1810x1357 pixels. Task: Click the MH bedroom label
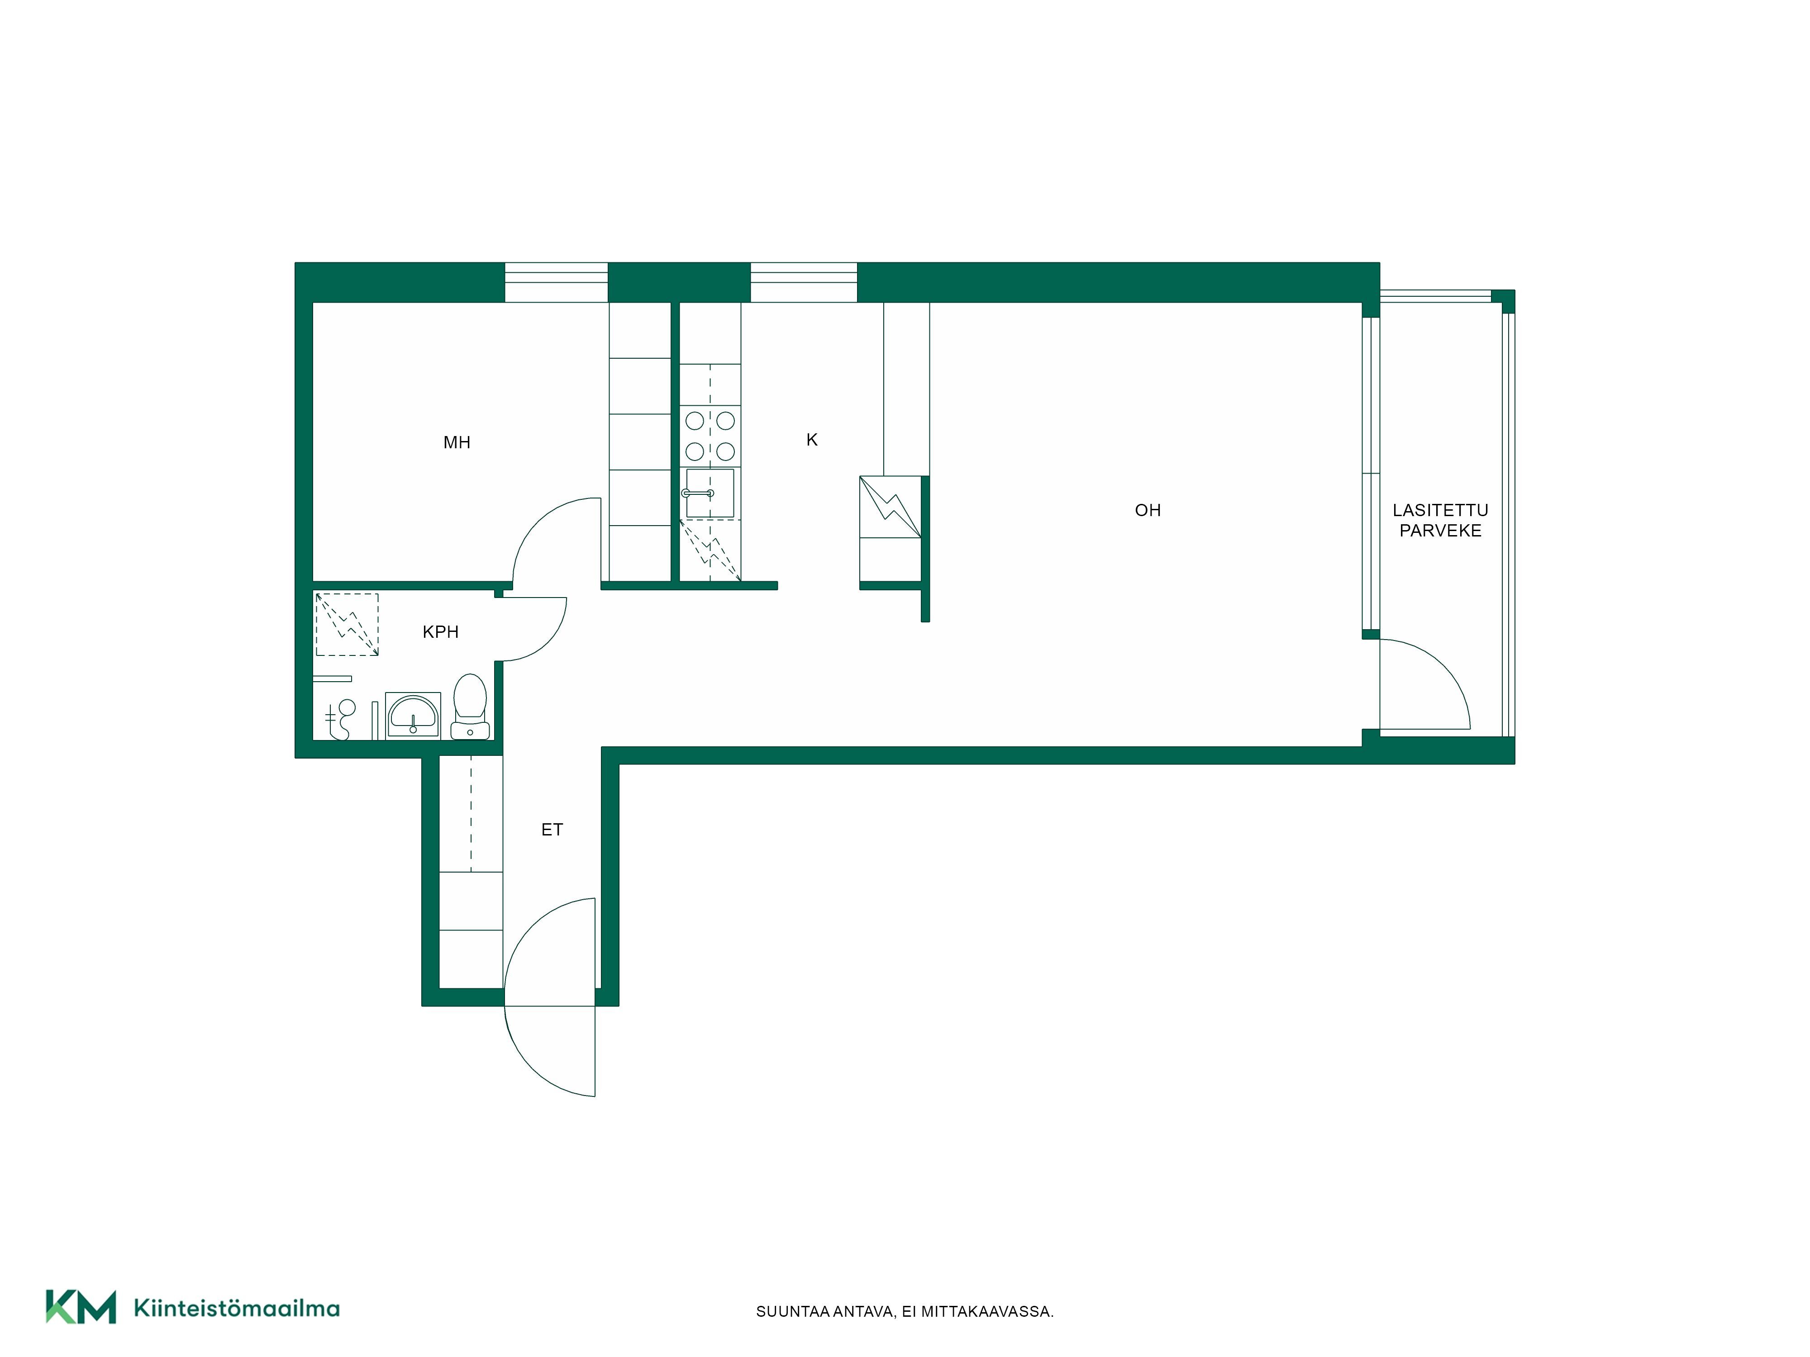click(457, 442)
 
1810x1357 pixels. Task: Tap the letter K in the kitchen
click(812, 440)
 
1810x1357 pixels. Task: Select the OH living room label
click(1147, 510)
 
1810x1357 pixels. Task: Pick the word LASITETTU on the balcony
click(1440, 510)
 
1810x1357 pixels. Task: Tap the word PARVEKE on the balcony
click(1440, 531)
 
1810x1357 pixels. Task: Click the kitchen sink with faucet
click(709, 493)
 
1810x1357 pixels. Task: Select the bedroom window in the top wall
click(557, 282)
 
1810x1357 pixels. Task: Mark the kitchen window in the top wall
click(804, 282)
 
